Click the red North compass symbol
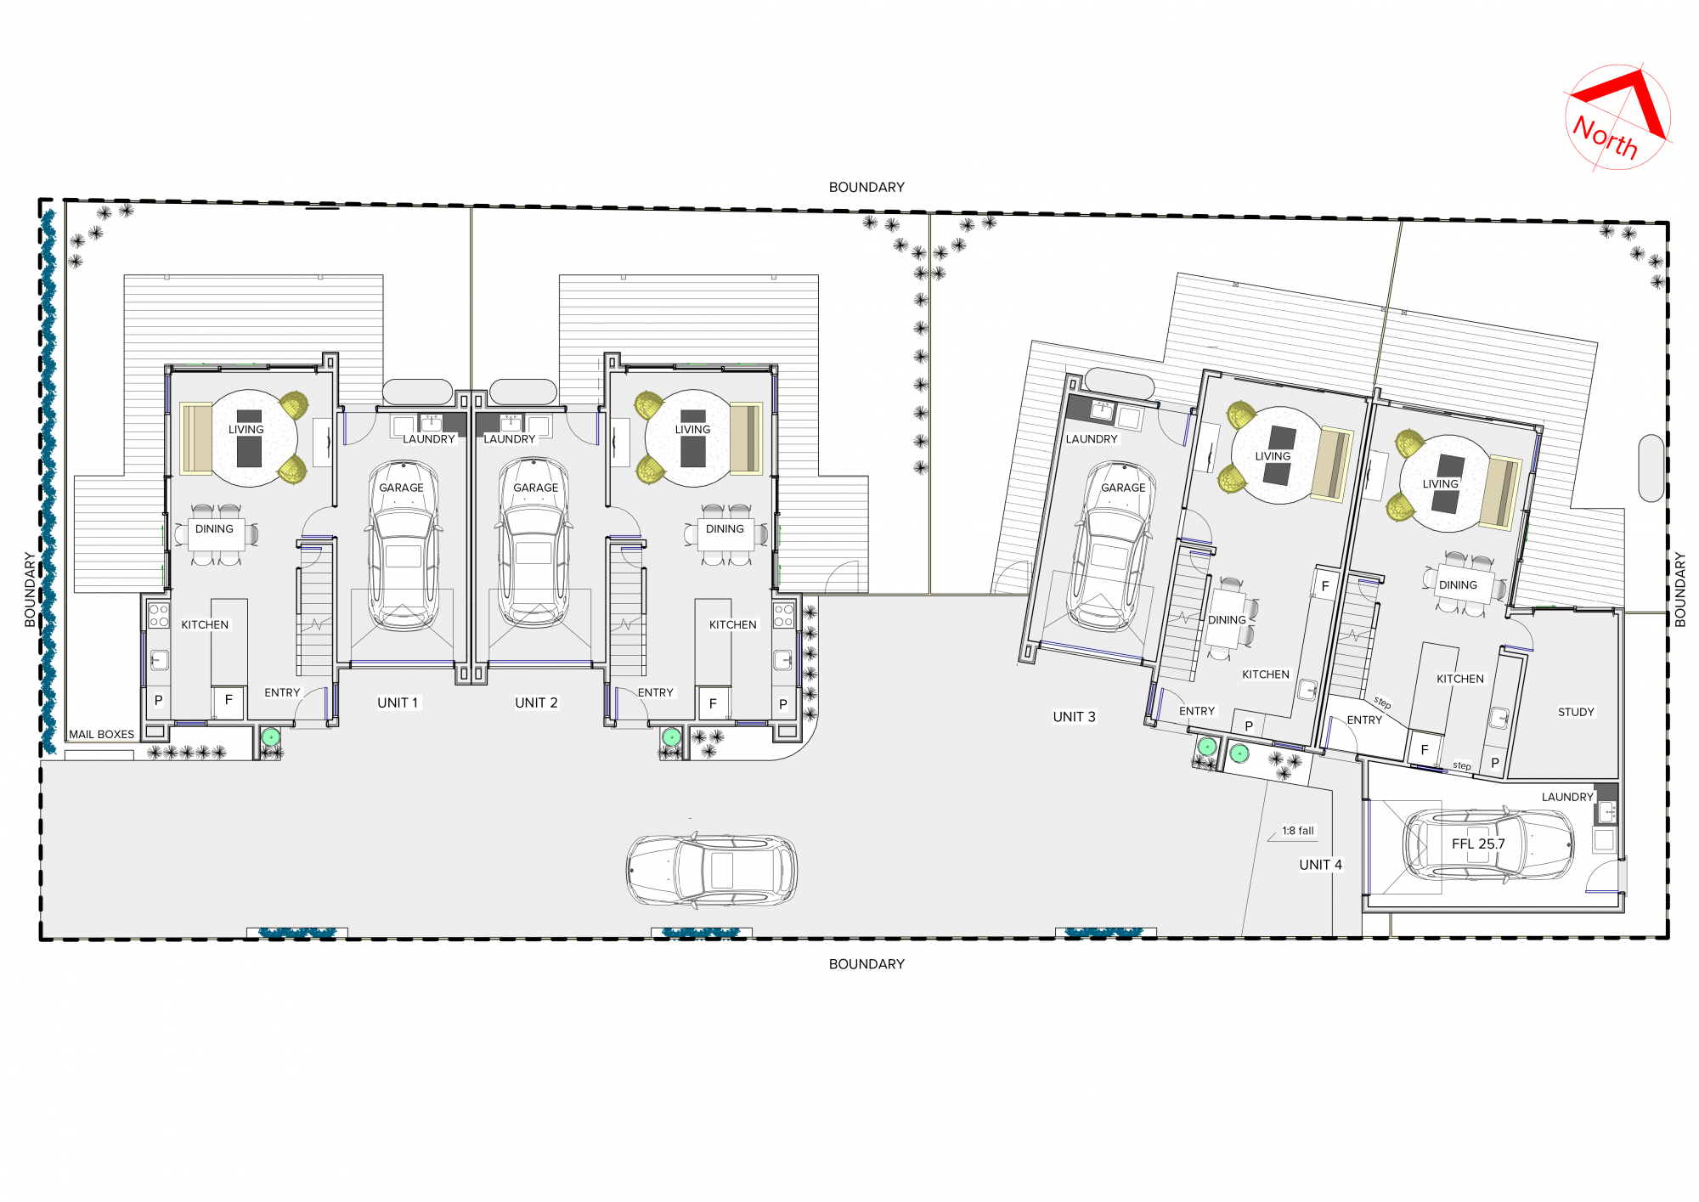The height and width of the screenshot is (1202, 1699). pyautogui.click(x=1617, y=117)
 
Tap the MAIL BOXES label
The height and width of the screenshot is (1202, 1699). pyautogui.click(x=101, y=734)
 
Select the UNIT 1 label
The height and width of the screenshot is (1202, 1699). pyautogui.click(x=398, y=703)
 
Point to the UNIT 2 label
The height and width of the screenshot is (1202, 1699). pyautogui.click(x=536, y=703)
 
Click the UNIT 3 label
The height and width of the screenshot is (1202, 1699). pyautogui.click(x=1074, y=717)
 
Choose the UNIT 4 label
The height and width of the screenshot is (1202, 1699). pyautogui.click(x=1320, y=865)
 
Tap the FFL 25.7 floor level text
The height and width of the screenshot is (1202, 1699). pyautogui.click(x=1478, y=844)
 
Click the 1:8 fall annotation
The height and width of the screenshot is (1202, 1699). pyautogui.click(x=1298, y=831)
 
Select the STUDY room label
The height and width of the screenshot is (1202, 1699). pyautogui.click(x=1576, y=712)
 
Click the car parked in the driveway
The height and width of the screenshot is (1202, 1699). pyautogui.click(x=712, y=870)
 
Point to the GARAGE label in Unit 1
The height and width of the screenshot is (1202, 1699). pyautogui.click(x=401, y=488)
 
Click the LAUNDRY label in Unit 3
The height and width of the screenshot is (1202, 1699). pyautogui.click(x=1092, y=439)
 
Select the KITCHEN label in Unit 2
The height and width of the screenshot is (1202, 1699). pyautogui.click(x=732, y=624)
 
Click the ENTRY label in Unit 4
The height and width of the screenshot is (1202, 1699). pyautogui.click(x=1364, y=720)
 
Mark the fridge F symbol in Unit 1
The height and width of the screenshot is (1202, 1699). pyautogui.click(x=229, y=701)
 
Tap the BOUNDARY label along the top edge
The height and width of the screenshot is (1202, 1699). pyautogui.click(x=866, y=187)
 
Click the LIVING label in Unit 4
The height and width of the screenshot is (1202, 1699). pyautogui.click(x=1440, y=484)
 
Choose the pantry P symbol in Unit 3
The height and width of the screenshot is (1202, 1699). pyautogui.click(x=1249, y=726)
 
